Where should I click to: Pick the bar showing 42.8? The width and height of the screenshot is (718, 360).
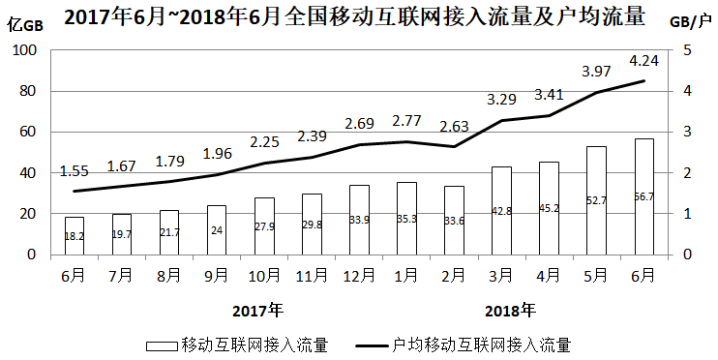(501, 210)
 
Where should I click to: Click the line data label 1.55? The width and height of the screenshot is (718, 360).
(75, 170)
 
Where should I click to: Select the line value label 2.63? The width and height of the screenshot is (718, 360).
(454, 126)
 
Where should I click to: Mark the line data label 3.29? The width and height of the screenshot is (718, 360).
(501, 99)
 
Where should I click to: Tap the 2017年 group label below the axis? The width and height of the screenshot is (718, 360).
(258, 311)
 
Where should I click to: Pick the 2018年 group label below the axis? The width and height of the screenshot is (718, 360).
(510, 311)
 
